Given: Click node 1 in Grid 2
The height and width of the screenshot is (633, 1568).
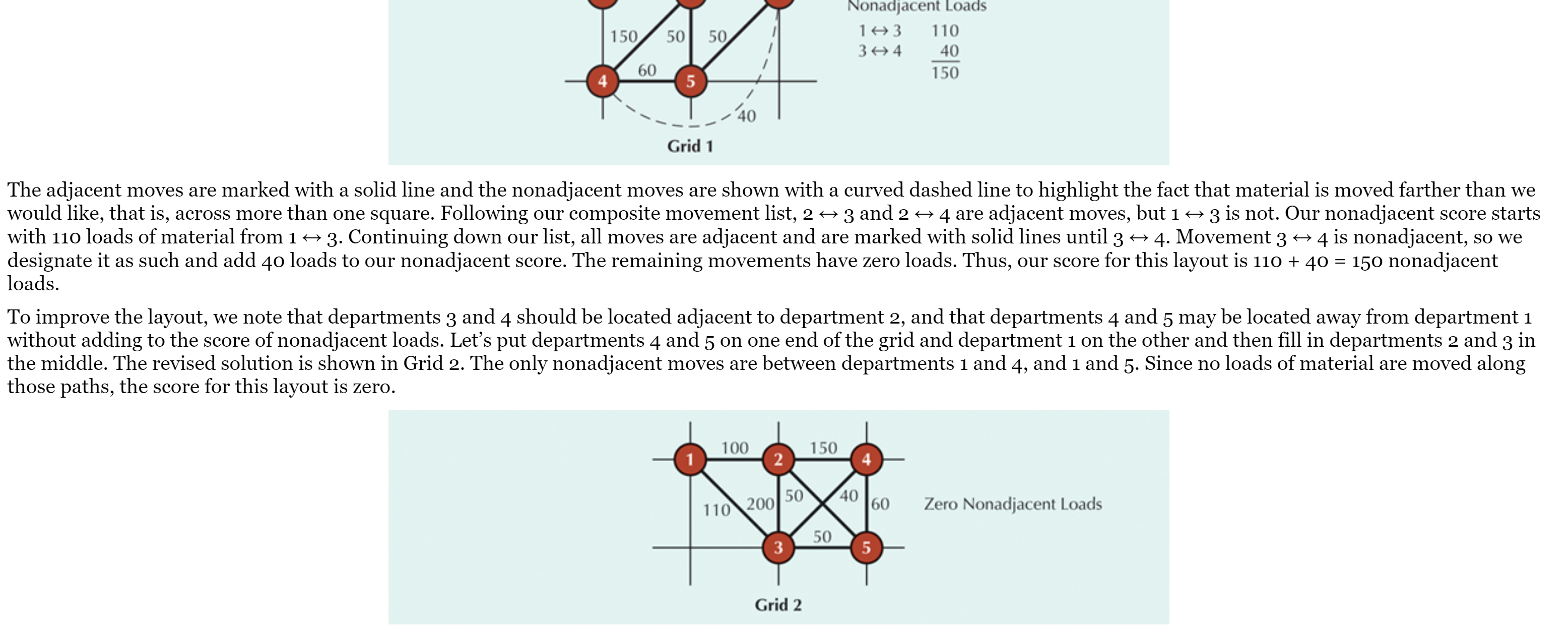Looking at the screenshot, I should pos(690,459).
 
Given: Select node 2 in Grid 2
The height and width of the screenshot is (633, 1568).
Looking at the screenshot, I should pos(778,459).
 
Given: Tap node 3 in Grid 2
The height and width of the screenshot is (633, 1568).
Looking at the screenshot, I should pos(778,547).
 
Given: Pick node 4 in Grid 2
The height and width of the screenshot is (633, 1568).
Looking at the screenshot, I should pos(866,459).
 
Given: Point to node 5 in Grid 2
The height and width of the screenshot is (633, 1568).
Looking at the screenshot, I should pos(866,547).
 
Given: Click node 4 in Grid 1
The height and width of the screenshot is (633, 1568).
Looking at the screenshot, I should pos(603,81).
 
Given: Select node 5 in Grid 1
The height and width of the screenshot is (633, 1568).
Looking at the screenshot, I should pos(690,81).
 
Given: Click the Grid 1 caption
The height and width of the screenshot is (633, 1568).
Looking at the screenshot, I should pos(690,146).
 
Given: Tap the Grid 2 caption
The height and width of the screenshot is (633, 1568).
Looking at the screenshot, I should pos(778,604).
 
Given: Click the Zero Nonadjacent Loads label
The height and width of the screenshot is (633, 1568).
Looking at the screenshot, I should pos(1012,504).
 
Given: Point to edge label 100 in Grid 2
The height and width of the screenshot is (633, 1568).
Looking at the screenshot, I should pos(734,448).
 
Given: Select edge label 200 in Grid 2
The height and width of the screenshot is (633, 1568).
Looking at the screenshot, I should pos(760,504).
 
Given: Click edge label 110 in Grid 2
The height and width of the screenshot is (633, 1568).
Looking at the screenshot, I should pos(716,510).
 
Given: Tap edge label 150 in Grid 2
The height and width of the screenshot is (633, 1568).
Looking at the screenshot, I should pos(823,448).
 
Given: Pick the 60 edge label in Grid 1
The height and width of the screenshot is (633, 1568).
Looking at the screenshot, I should pos(646,71).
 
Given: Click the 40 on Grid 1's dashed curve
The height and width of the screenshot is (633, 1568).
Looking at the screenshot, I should pos(746,115).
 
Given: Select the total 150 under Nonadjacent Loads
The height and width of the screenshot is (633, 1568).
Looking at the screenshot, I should pos(945,73).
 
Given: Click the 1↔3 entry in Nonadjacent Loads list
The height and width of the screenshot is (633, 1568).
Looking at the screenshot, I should pos(880,30).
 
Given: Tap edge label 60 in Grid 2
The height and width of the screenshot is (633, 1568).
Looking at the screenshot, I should pos(880,504).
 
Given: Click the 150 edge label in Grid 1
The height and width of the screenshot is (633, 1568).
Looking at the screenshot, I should pos(623,36).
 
